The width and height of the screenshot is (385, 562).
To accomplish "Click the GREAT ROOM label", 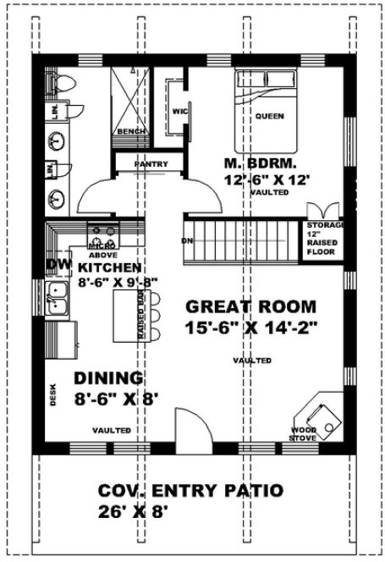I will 250,306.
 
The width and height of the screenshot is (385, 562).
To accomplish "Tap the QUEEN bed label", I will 269,116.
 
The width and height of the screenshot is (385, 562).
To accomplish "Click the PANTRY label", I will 151,164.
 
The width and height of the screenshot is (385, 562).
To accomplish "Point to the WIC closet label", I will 179,111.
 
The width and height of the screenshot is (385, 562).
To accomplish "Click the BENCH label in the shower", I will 130,132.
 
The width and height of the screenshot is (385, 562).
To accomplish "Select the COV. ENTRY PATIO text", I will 190,491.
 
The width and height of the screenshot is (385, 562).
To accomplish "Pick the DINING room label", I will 107,377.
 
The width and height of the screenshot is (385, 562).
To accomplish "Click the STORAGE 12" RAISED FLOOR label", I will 322,238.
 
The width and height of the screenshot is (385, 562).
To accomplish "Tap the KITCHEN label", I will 115,267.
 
